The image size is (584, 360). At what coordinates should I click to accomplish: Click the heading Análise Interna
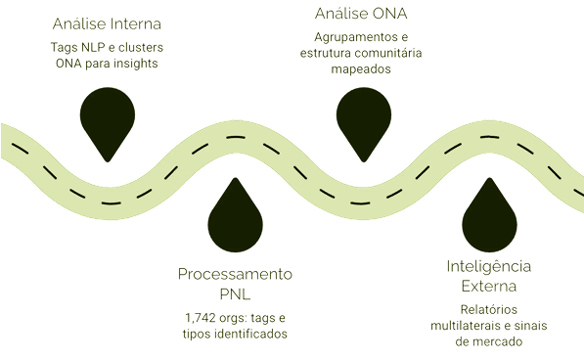click(x=107, y=23)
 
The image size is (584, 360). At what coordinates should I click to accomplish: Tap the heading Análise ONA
click(x=361, y=14)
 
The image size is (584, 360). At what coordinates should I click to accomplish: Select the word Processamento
click(x=235, y=274)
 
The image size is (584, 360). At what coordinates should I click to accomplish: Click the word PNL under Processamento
click(x=235, y=294)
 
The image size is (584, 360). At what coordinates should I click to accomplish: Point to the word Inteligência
click(x=489, y=266)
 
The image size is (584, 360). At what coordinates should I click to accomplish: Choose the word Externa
click(x=489, y=286)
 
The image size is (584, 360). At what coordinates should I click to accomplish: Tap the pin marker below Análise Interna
click(x=108, y=124)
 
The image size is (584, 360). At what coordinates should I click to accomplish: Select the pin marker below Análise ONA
click(x=364, y=124)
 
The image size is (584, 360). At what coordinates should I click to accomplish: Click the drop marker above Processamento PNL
click(x=235, y=215)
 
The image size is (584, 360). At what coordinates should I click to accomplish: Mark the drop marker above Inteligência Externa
click(x=489, y=215)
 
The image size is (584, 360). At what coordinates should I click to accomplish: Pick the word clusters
click(x=141, y=48)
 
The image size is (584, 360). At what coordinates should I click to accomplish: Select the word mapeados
click(x=361, y=69)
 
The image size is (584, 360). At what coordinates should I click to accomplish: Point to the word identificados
click(x=250, y=334)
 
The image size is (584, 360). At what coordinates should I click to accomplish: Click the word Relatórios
click(x=489, y=309)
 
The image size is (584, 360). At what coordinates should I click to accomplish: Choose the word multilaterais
click(x=466, y=326)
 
